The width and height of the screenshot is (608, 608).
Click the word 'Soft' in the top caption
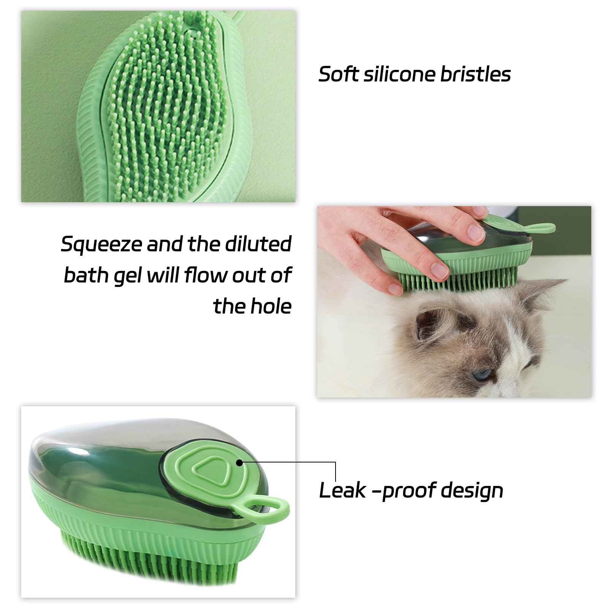338,74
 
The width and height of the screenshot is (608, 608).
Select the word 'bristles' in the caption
475,74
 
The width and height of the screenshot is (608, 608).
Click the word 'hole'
272,306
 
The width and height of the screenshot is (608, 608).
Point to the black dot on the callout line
239,462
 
